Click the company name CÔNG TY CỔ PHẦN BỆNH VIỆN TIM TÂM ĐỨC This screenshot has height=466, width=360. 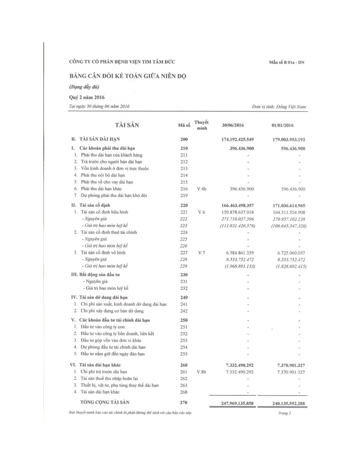pyautogui.click(x=122, y=62)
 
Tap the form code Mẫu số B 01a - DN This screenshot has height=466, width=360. pyautogui.click(x=287, y=63)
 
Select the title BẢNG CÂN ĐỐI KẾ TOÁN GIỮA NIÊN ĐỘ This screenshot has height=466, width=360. pyautogui.click(x=128, y=76)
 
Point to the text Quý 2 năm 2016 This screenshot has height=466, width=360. pyautogui.click(x=87, y=97)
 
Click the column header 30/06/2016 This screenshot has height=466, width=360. pyautogui.click(x=233, y=126)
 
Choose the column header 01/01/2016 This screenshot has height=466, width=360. pyautogui.click(x=282, y=126)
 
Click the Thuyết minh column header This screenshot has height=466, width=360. pyautogui.click(x=201, y=125)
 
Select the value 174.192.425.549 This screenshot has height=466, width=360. pyautogui.click(x=237, y=140)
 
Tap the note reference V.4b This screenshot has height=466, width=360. pyautogui.click(x=201, y=189)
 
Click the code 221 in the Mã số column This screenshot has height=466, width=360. pyautogui.click(x=184, y=212)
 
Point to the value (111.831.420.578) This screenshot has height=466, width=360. pyautogui.click(x=237, y=226)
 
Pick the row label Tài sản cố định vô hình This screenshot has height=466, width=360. pyautogui.click(x=103, y=253)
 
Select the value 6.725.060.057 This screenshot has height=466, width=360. pyautogui.click(x=291, y=253)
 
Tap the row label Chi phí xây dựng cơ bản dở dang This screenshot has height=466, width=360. pyautogui.click(x=112, y=311)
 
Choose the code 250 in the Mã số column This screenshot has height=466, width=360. pyautogui.click(x=184, y=320)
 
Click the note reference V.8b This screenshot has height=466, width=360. pyautogui.click(x=201, y=372)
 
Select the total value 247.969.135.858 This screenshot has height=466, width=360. pyautogui.click(x=237, y=403)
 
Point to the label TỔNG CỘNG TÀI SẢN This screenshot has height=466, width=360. pyautogui.click(x=105, y=402)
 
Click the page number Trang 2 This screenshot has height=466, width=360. pyautogui.click(x=284, y=413)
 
